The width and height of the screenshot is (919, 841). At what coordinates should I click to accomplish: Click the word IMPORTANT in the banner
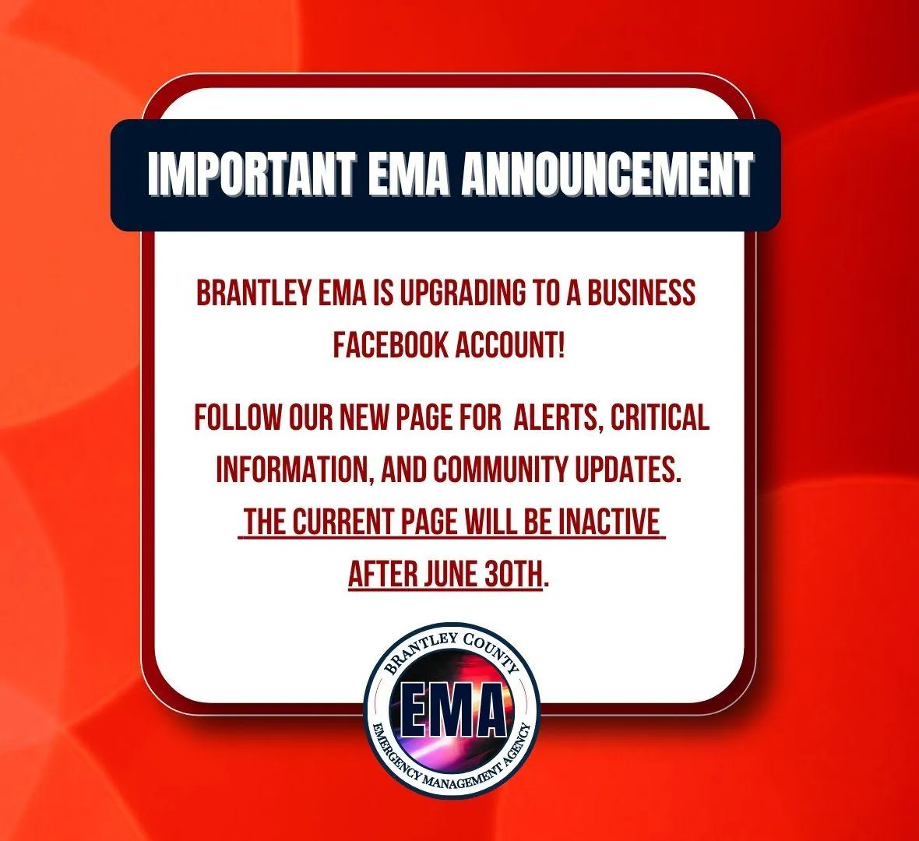(252, 174)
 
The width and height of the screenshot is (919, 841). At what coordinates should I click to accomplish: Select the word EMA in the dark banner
(409, 174)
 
